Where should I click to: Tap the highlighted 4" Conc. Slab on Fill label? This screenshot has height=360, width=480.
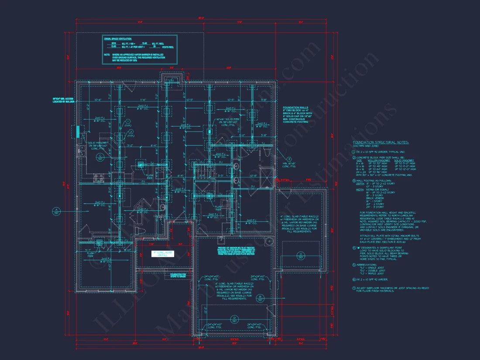tap(162, 254)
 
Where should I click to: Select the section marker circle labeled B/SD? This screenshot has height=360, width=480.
tap(260, 298)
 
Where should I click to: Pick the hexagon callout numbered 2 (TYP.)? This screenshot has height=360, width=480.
tap(128, 134)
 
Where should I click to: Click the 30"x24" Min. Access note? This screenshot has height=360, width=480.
tap(63, 100)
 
